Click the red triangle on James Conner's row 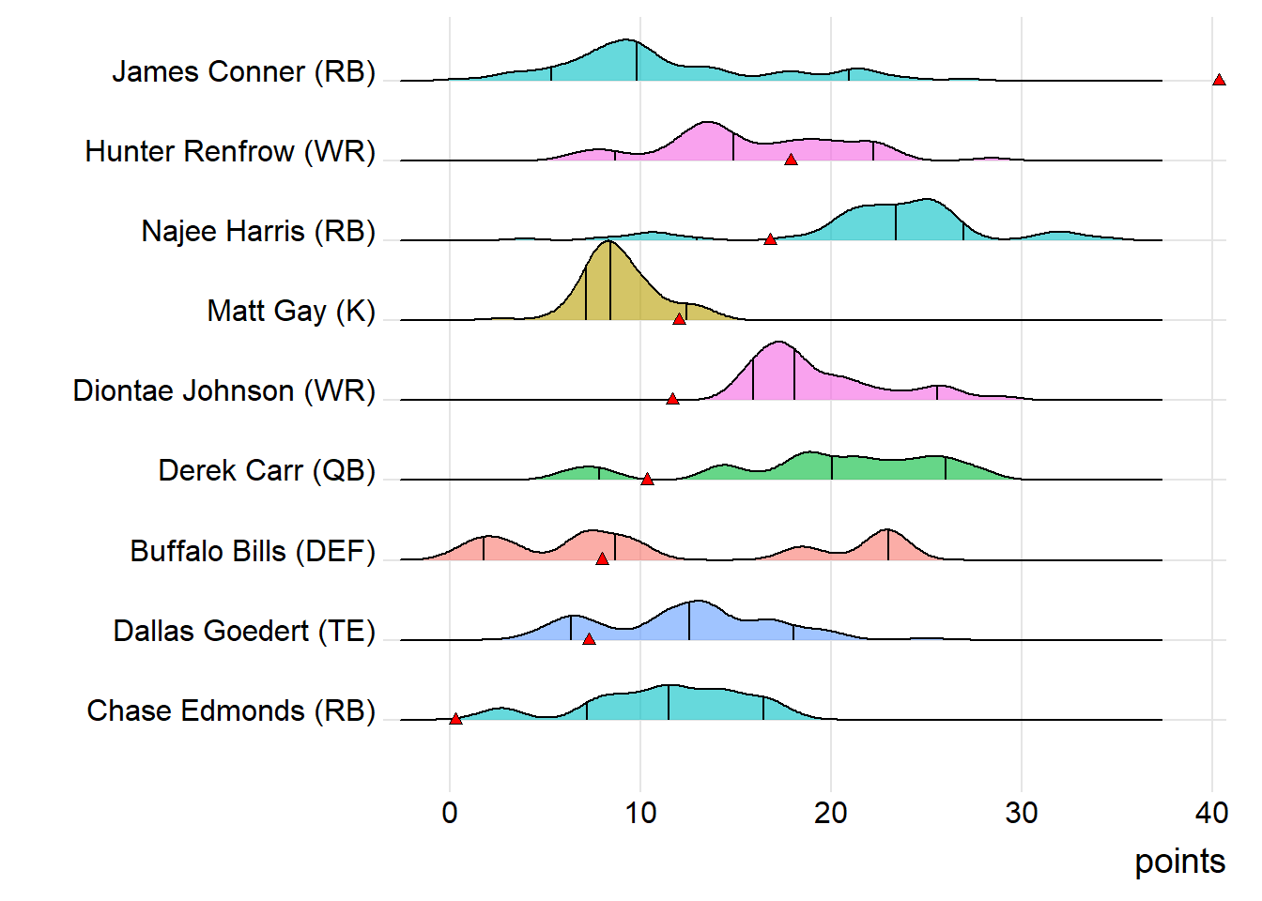coord(1219,80)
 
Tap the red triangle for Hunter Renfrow coord(791,160)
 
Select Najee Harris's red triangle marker coord(770,239)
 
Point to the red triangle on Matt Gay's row coord(679,319)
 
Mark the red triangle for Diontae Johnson coord(672,399)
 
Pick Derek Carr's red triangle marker coord(647,479)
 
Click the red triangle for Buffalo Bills coord(602,558)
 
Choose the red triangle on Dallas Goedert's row coord(589,639)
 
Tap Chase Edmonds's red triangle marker coord(455,719)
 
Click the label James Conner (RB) coord(243,72)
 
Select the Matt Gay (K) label coord(291,311)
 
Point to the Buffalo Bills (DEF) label coord(253,551)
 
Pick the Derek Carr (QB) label coord(267,470)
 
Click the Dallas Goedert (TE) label coord(244,631)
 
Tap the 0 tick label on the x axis coord(450,812)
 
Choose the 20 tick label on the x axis coord(831,812)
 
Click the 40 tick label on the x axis coord(1212,812)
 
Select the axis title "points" coord(1179,862)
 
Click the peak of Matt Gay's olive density coord(609,242)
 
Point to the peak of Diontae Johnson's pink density coord(778,343)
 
